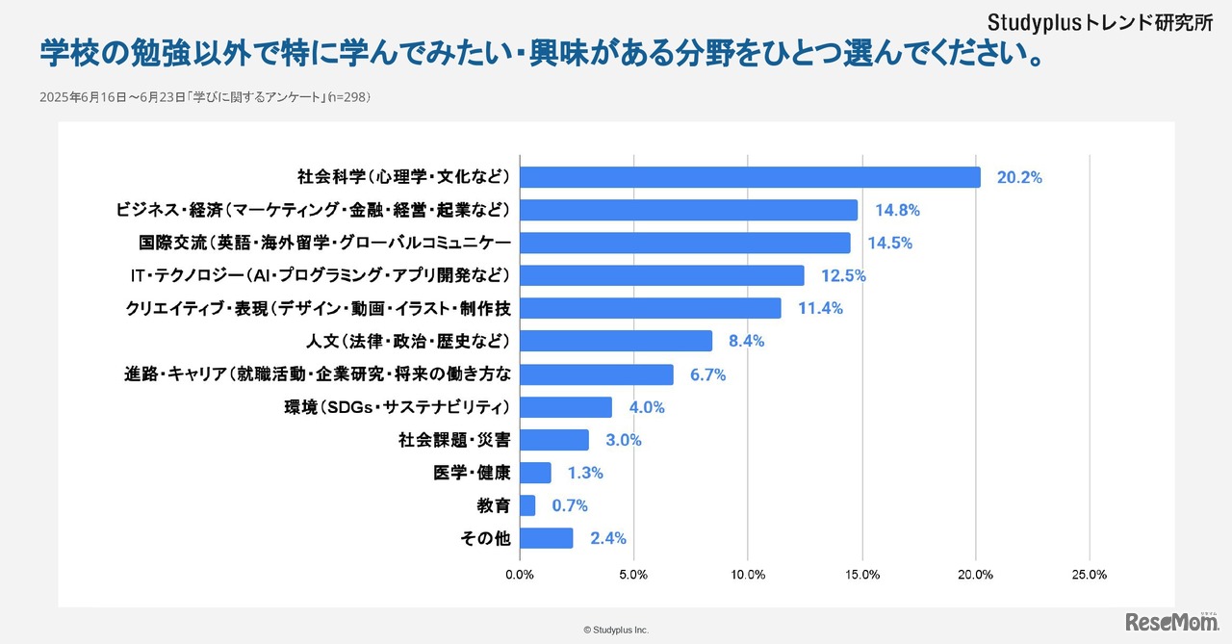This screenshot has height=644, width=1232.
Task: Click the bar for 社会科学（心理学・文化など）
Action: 750,177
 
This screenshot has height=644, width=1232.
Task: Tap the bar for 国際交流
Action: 684,243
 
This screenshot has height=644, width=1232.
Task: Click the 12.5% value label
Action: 843,275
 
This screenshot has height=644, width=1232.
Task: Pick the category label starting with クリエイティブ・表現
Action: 318,308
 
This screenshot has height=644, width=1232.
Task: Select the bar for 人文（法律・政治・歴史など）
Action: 616,341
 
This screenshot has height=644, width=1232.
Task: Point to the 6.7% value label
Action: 707,374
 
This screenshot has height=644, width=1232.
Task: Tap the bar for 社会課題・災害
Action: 553,440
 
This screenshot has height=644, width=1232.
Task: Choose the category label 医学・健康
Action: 472,473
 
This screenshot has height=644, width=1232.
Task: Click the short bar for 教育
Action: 527,505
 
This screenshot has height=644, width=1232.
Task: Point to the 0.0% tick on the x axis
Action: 520,575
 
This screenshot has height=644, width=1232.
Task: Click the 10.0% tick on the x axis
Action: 748,575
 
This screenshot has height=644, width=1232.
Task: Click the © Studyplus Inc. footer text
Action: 616,630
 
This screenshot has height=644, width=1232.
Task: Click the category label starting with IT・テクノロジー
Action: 319,275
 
